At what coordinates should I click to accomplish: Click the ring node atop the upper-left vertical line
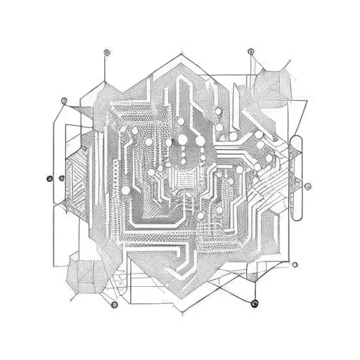point(106,52)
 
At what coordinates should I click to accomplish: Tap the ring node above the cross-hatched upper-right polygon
point(250,51)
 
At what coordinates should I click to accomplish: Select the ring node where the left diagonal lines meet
point(64,100)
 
